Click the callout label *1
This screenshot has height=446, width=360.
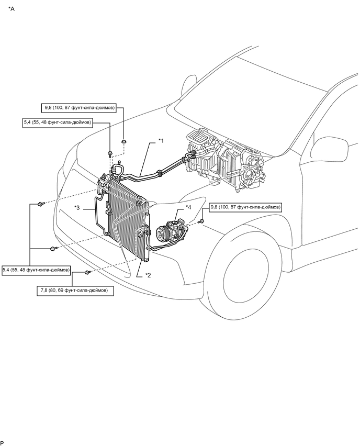tap(162, 140)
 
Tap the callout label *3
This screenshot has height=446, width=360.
tap(77, 208)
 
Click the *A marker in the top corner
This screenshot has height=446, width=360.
tap(12, 9)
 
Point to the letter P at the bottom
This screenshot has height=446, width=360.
tap(3, 443)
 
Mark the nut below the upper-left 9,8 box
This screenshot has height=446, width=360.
tap(123, 141)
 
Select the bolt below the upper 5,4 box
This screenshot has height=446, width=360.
tap(110, 153)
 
